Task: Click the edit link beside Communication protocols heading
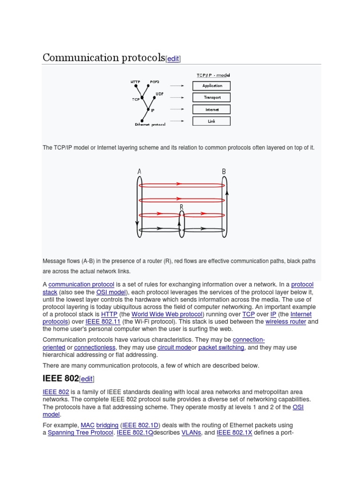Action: tap(173, 59)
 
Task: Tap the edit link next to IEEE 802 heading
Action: tap(86, 379)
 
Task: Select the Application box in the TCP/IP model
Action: tap(212, 86)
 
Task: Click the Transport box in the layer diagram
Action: tap(212, 97)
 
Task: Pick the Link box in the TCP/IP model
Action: tap(212, 121)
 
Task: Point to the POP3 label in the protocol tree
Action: tap(155, 82)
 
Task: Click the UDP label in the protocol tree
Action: tap(159, 94)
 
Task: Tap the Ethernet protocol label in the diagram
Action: tap(150, 125)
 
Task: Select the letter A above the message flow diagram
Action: tap(139, 172)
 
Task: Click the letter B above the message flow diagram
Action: tap(224, 172)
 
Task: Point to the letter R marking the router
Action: tap(181, 207)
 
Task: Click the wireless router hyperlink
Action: tap(285, 322)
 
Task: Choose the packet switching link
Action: tap(221, 347)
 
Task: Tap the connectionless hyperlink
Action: tap(98, 347)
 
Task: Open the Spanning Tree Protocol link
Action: tap(80, 432)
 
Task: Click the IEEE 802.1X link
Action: tap(234, 432)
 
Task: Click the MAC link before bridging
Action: tap(87, 425)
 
